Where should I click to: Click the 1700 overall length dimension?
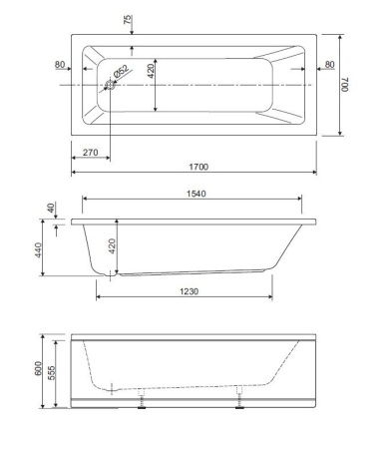198,167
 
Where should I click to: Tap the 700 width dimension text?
344,85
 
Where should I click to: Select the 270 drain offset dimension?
91,153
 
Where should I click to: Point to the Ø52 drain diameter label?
122,71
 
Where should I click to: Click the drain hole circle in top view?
110,85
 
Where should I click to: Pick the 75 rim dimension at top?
128,20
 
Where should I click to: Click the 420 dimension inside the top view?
151,71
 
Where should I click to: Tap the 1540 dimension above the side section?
196,194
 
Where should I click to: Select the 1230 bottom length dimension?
189,291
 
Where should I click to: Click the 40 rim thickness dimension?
51,208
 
